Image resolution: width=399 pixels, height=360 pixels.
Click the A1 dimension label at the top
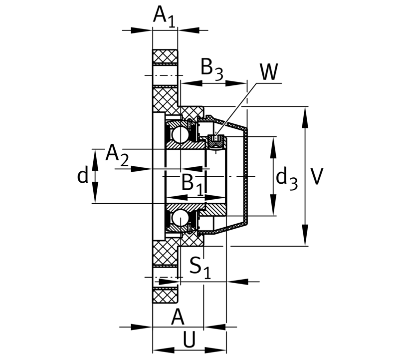(164, 16)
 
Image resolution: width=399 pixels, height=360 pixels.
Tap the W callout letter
(268, 72)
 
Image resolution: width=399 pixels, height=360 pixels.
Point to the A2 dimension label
(117, 155)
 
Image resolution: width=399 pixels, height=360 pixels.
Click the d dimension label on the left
(82, 175)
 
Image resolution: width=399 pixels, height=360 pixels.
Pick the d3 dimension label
(287, 178)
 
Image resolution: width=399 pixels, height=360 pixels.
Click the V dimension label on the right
(317, 176)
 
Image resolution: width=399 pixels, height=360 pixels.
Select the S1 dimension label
(200, 268)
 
